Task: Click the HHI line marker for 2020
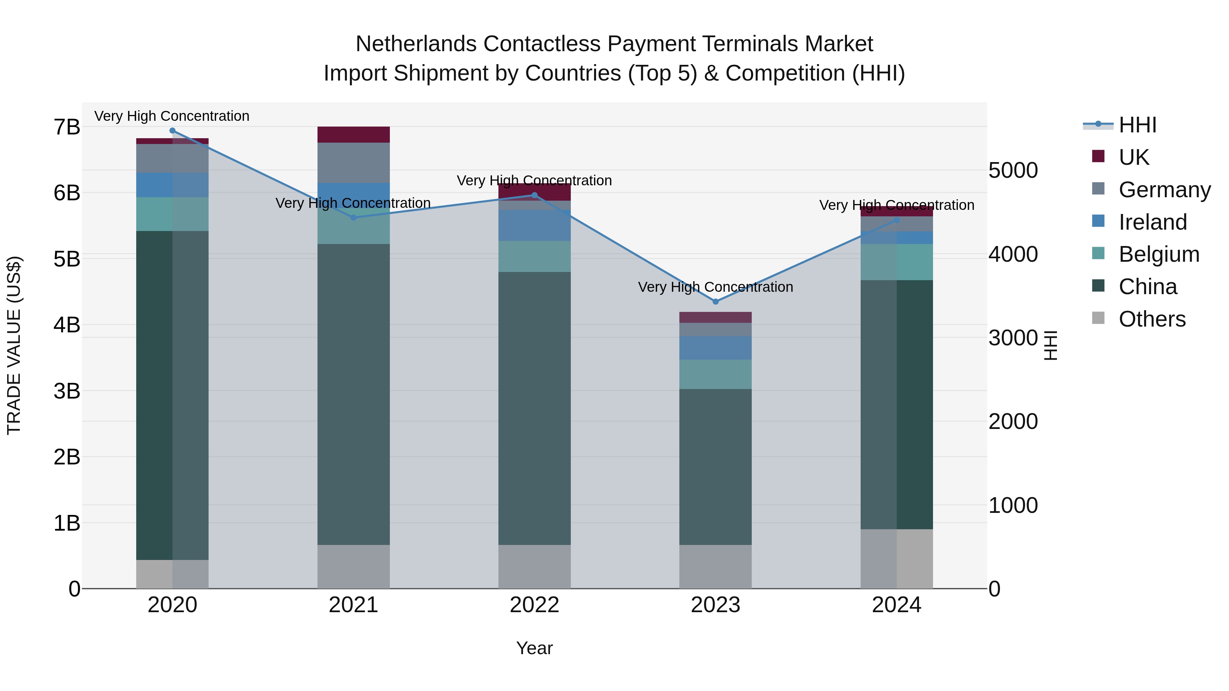coord(172,131)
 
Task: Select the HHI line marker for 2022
coord(534,195)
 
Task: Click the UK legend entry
coord(1133,157)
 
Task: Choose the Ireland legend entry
coord(1152,222)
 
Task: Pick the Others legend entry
coord(1152,319)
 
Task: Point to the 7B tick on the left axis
coord(67,127)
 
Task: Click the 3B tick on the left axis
coord(67,391)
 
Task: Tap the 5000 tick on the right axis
coord(1013,170)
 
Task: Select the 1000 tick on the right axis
coord(1013,505)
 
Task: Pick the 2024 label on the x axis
coord(896,605)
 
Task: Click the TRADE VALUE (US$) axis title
coord(14,345)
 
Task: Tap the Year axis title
coord(534,648)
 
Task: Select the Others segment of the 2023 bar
coord(715,566)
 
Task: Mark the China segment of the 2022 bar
coord(534,408)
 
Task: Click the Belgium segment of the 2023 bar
coord(715,374)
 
